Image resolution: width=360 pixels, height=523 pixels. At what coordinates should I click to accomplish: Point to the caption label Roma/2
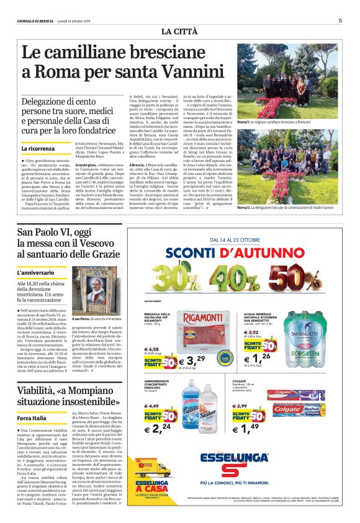[x=245, y=207]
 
